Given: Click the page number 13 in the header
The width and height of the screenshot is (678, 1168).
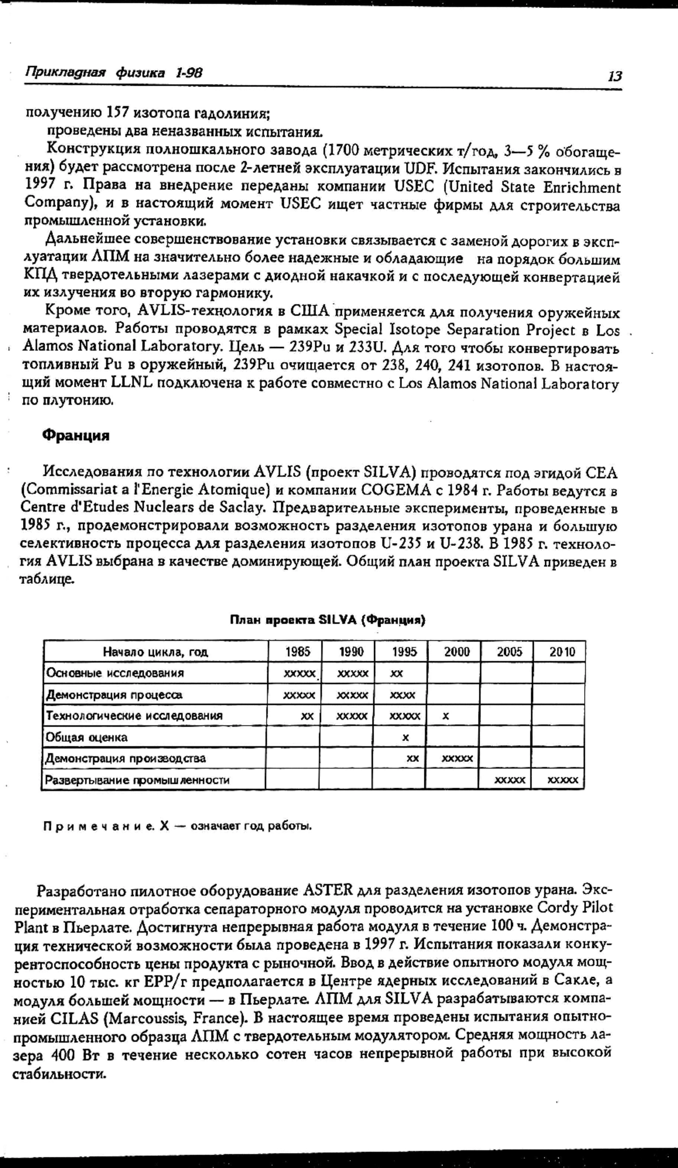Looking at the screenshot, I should [x=614, y=76].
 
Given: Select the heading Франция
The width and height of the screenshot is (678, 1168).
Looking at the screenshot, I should [x=76, y=436].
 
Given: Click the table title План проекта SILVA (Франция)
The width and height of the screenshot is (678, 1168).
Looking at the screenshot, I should [x=327, y=620].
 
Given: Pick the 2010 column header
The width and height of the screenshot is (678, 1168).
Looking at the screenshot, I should [x=562, y=652].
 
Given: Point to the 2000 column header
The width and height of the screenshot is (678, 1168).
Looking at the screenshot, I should [x=457, y=652].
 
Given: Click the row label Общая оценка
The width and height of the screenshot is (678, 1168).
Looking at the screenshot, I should [x=87, y=737].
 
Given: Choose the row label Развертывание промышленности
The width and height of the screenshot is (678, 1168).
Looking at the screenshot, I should [x=137, y=780].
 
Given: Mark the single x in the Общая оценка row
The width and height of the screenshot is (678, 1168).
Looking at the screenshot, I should [x=405, y=738].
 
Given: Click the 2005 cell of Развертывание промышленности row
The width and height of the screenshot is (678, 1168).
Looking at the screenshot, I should [x=510, y=780].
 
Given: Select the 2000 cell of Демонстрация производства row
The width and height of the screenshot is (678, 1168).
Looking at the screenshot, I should [x=457, y=759].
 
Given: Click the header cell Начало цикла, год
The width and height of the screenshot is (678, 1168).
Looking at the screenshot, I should [x=155, y=652].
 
